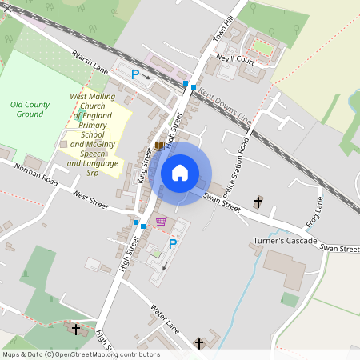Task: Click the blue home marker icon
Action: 180,173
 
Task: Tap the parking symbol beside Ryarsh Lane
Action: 135,74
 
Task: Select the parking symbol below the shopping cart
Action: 172,244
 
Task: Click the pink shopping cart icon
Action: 161,222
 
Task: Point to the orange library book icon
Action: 158,146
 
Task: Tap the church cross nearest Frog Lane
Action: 258,202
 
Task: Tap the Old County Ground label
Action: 30,109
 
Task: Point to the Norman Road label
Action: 37,175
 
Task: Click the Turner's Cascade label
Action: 286,241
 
